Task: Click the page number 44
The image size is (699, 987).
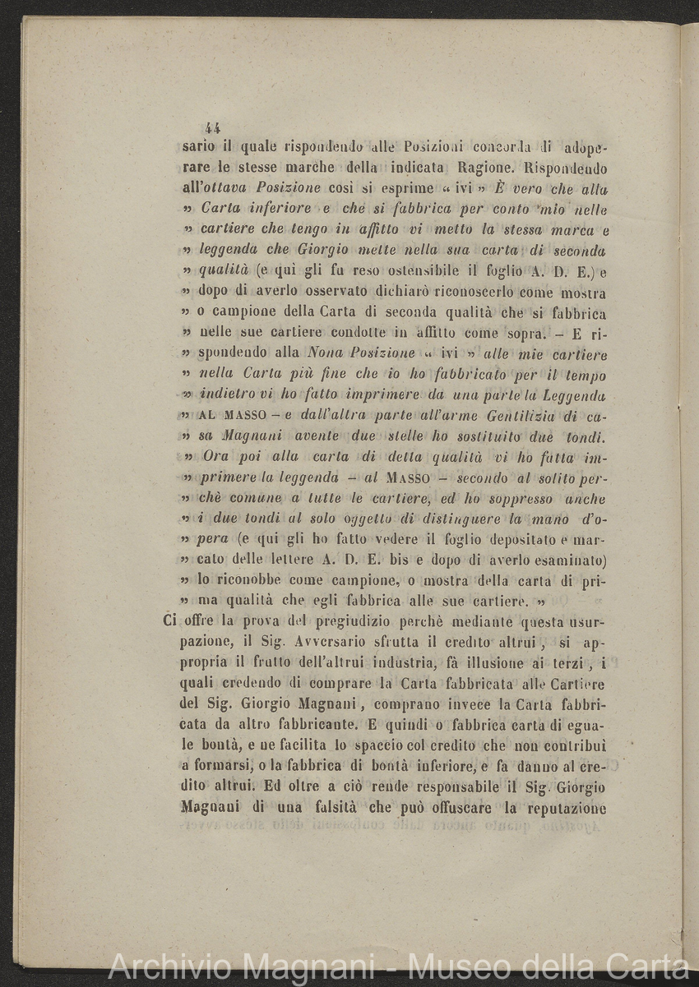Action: click(x=213, y=127)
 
